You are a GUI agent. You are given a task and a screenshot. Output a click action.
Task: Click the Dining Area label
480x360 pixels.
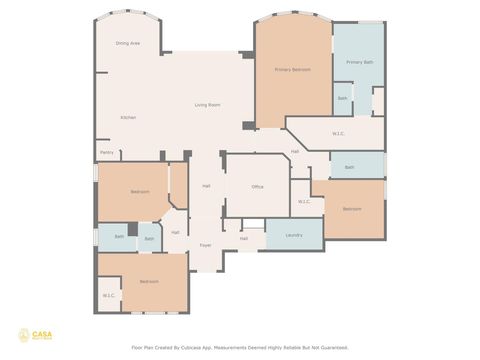127,43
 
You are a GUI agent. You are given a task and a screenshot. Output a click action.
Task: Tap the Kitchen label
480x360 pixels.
128,117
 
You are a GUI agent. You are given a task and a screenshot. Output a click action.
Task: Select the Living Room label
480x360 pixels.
207,105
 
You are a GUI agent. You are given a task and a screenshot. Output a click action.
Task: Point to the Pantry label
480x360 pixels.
106,153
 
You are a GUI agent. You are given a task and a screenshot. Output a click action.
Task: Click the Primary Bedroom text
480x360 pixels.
293,69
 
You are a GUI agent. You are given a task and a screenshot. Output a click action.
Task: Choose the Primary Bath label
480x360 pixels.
359,62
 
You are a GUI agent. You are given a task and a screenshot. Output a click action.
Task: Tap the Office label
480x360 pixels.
257,187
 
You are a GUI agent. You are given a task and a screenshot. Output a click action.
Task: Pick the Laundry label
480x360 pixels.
294,235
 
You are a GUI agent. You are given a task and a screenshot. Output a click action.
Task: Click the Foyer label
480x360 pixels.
205,245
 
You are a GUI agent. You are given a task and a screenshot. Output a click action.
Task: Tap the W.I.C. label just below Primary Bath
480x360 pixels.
339,132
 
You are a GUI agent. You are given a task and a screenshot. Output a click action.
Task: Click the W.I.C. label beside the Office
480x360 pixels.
304,201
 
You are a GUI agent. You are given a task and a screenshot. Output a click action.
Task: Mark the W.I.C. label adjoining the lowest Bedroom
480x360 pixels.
108,295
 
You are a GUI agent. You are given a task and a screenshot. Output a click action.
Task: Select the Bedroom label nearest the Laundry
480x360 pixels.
352,209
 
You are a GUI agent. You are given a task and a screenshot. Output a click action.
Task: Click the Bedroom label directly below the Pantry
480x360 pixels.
140,191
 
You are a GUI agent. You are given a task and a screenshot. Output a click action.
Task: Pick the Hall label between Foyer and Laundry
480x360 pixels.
243,238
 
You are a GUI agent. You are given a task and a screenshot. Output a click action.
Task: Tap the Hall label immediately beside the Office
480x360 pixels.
206,186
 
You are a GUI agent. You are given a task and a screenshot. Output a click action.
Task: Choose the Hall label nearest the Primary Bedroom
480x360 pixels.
295,151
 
